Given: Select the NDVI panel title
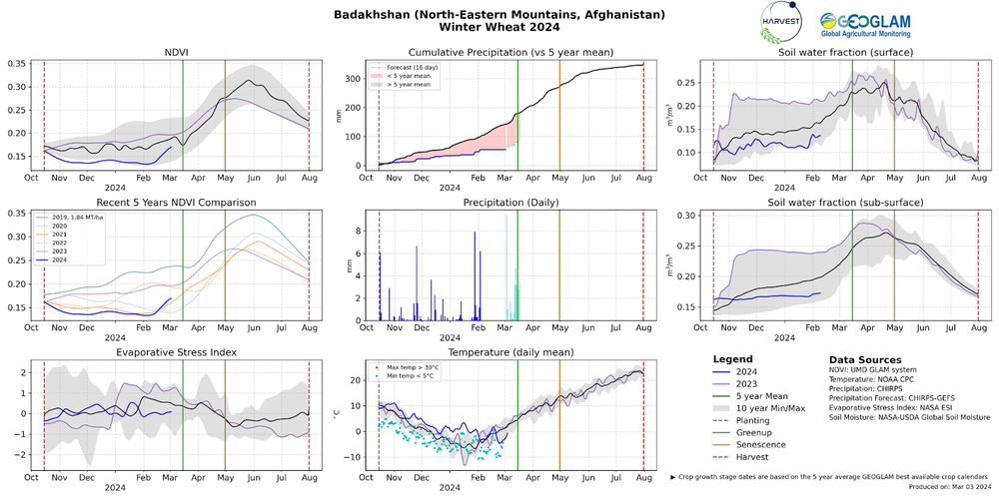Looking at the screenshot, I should point(176,52).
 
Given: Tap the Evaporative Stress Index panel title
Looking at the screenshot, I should point(176,351).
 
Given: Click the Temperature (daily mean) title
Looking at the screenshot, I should point(510,351).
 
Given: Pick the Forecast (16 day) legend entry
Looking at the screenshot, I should point(411,68).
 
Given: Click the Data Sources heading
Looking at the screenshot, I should point(865,359).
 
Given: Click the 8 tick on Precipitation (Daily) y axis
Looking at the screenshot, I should point(362,229).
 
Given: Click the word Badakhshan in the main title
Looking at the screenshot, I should point(382,16).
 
